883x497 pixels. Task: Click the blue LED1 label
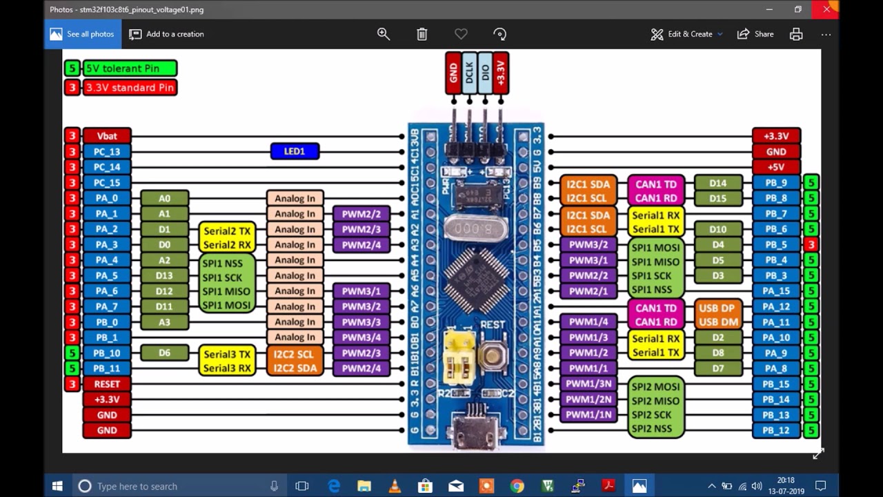(x=295, y=151)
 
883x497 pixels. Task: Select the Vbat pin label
(x=107, y=136)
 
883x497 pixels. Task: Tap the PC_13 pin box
(x=107, y=152)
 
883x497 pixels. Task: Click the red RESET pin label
(x=107, y=384)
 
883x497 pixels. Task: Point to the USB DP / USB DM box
(x=717, y=315)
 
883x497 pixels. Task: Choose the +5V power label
(x=776, y=167)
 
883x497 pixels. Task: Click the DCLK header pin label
(x=470, y=72)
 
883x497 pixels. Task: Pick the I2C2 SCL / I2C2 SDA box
(x=295, y=361)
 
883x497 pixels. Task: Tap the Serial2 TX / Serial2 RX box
(x=227, y=237)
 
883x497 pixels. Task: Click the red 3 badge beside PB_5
(x=811, y=244)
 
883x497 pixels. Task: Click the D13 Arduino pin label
(x=164, y=275)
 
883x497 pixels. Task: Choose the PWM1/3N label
(x=588, y=384)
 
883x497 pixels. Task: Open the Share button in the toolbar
(x=755, y=34)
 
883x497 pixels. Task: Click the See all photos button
(x=83, y=34)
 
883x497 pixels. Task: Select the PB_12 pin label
(x=776, y=430)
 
